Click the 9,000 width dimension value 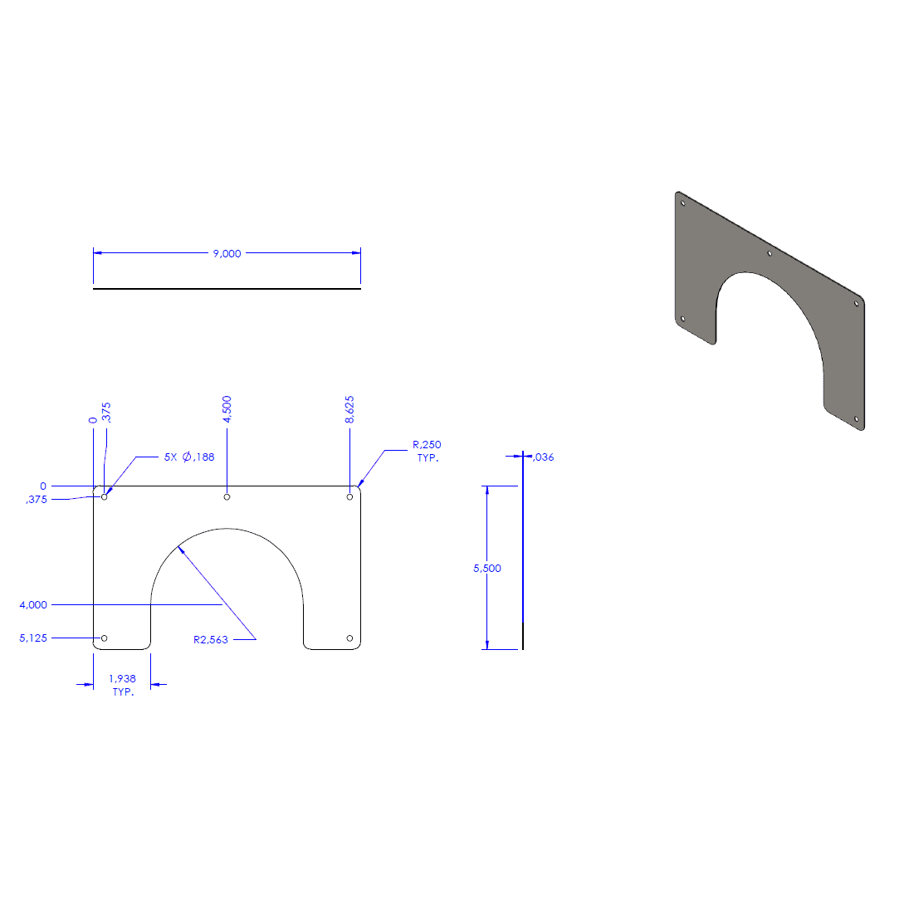click(x=227, y=253)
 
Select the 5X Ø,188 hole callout click(x=189, y=457)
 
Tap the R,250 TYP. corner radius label click(x=427, y=452)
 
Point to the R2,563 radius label click(x=211, y=640)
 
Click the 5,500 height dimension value click(x=487, y=569)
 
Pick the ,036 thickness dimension click(x=544, y=457)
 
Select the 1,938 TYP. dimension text click(x=122, y=685)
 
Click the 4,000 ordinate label click(x=33, y=605)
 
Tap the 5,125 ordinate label click(x=33, y=638)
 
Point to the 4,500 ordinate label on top click(x=227, y=409)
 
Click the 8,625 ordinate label click(x=349, y=409)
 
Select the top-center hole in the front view click(x=227, y=497)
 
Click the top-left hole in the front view click(x=105, y=497)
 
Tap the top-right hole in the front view click(x=349, y=497)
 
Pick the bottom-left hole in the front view click(x=105, y=638)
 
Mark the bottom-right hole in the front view click(x=349, y=638)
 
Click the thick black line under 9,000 click(x=227, y=289)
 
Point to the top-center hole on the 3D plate click(x=770, y=253)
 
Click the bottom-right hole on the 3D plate click(x=856, y=418)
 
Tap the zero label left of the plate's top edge click(x=43, y=486)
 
